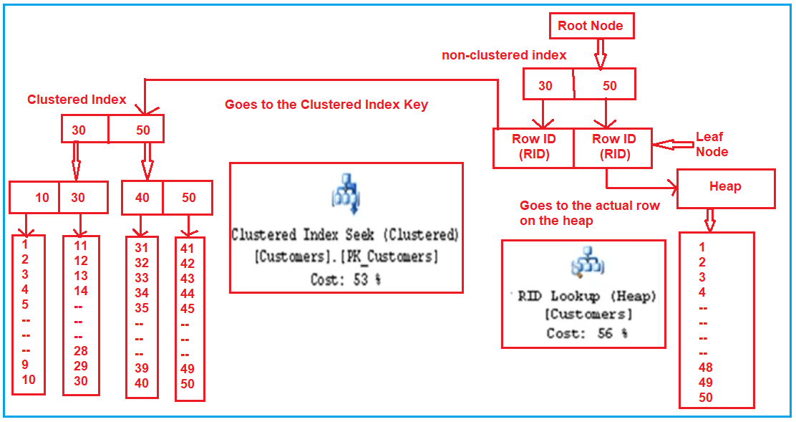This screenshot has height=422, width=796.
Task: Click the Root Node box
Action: coord(591,26)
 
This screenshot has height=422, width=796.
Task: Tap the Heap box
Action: coord(725,188)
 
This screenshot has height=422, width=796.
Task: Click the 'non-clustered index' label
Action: coord(504,55)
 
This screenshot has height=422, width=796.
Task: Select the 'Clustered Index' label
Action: coord(77,100)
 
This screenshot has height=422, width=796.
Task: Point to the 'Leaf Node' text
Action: coord(712,144)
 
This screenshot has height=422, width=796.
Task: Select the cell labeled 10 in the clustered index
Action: coord(42,198)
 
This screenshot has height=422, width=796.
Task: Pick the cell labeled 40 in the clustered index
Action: coord(142,197)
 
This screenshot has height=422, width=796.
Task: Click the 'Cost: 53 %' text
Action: coord(346,279)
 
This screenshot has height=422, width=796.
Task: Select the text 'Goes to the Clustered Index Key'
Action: coord(326,105)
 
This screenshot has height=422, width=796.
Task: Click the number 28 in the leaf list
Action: coord(80,351)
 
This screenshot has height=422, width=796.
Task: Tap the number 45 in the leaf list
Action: coord(188,309)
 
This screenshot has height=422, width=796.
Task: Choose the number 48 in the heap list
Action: coord(706,368)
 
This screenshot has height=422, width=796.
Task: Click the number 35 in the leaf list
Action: coord(142,308)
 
